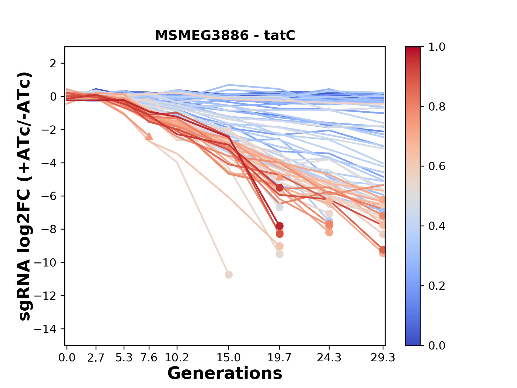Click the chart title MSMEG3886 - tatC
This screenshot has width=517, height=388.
click(x=225, y=36)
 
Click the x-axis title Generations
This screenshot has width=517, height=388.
click(x=225, y=373)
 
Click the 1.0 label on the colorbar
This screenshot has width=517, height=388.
click(x=437, y=47)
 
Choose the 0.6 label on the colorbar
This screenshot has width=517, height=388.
click(x=437, y=167)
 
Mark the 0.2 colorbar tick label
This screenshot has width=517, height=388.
click(x=437, y=286)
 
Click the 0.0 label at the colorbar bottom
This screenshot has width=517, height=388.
click(x=437, y=345)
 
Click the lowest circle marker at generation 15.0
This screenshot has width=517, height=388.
click(x=229, y=275)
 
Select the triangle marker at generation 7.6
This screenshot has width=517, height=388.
click(x=149, y=137)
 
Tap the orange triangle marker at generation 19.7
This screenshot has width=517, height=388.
click(x=280, y=177)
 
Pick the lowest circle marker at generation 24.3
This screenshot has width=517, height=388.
click(x=329, y=232)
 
